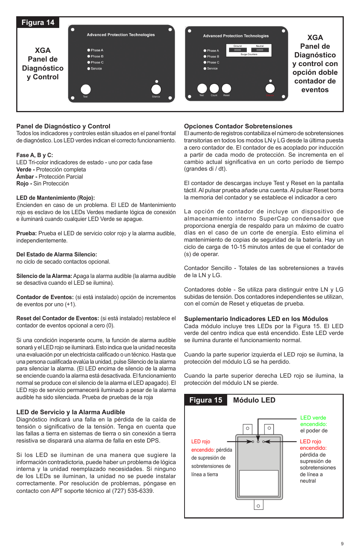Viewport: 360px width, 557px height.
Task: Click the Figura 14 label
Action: [38, 23]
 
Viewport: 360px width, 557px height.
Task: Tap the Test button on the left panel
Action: [86, 89]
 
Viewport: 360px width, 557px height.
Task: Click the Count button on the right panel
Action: [214, 88]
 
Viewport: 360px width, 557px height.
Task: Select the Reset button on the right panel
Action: [226, 88]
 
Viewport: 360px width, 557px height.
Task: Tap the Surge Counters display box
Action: [249, 50]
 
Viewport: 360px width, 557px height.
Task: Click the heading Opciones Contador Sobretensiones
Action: [238, 126]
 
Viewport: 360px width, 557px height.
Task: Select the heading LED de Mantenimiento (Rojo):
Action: [55, 198]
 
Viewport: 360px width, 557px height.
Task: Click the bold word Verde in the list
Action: [24, 170]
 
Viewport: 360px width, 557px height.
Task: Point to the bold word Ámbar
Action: [25, 177]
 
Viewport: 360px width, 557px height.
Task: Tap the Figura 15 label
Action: [206, 400]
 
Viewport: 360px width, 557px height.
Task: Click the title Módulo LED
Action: [254, 400]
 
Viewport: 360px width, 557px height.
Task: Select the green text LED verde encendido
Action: [313, 421]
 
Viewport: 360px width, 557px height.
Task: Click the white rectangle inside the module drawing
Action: [259, 483]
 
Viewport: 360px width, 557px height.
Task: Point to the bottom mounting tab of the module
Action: [258, 505]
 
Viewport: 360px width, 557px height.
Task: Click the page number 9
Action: [342, 544]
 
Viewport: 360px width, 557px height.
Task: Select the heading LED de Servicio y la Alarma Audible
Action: [71, 412]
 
